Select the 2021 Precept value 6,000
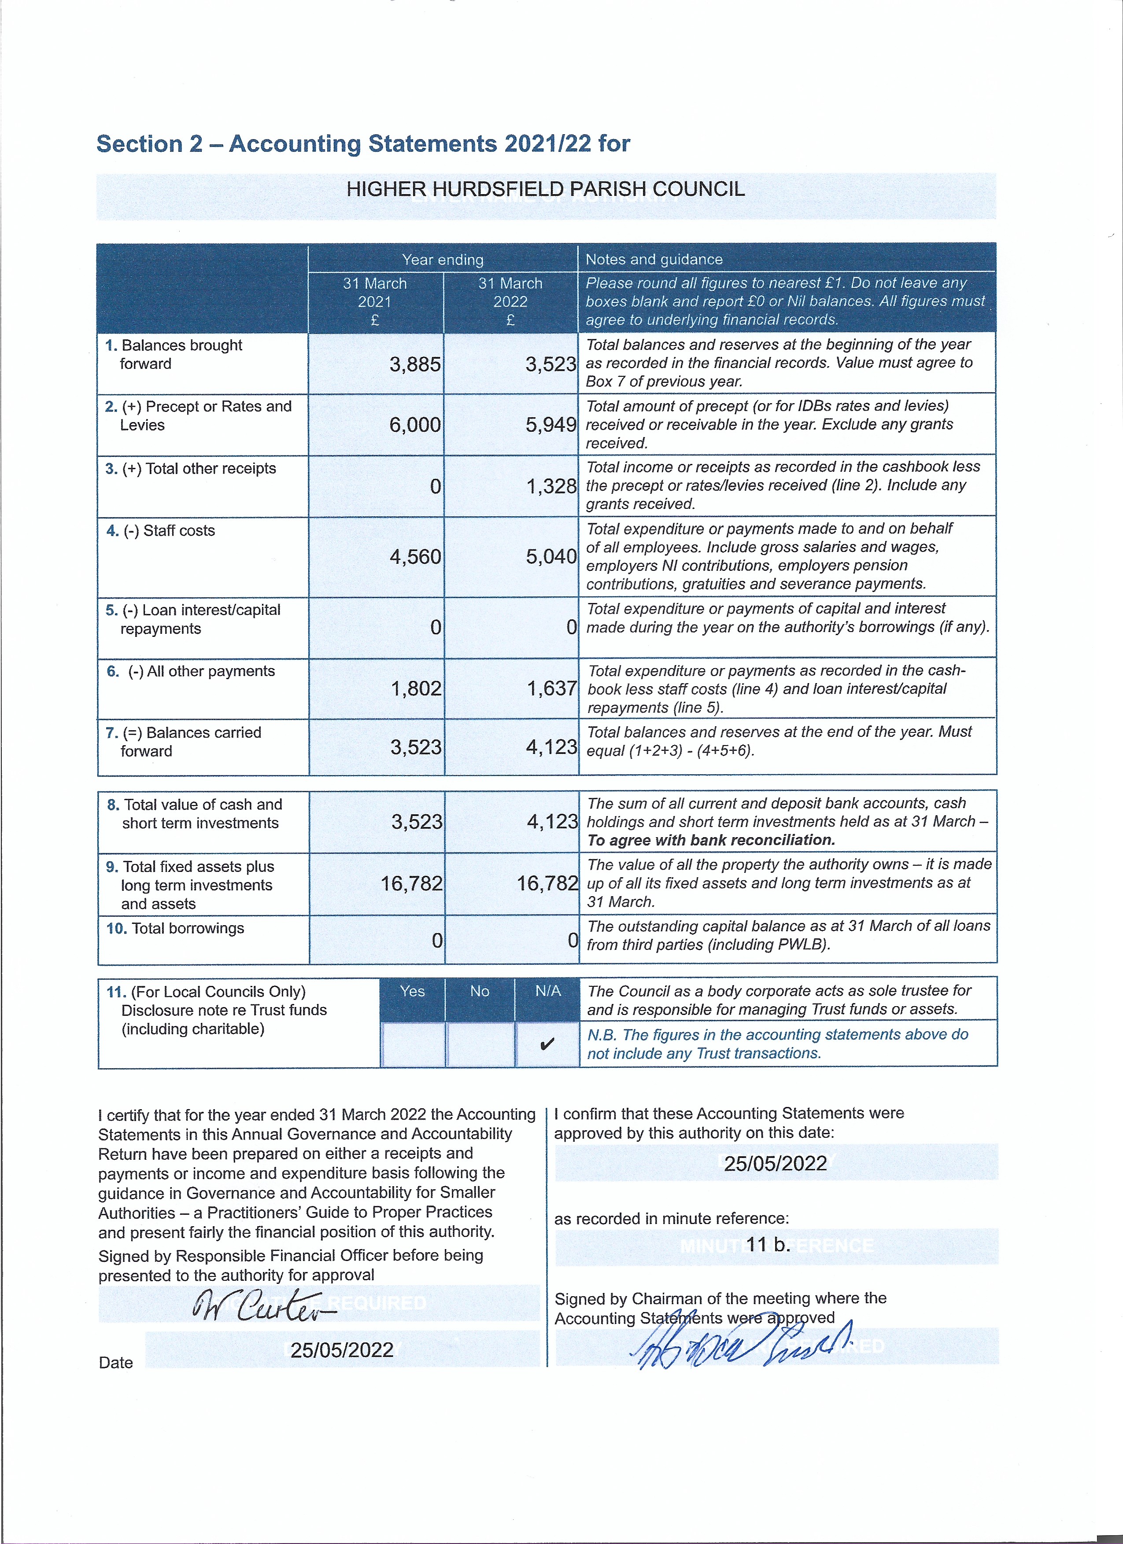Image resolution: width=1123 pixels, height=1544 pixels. (415, 425)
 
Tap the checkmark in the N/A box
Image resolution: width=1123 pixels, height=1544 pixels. (547, 1044)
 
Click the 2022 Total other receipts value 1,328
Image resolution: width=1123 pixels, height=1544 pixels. (551, 486)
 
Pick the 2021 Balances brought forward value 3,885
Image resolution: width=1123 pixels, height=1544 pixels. (415, 364)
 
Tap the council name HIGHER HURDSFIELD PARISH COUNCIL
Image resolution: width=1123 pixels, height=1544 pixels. (546, 189)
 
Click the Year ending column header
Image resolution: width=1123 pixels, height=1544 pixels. (443, 259)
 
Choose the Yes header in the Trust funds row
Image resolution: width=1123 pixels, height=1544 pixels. (412, 991)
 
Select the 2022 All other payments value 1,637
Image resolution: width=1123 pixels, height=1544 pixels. (552, 688)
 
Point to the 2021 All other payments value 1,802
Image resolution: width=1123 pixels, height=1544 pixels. (415, 688)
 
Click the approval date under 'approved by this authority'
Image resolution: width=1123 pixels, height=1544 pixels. (775, 1163)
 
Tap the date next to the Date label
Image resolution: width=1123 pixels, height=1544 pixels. (342, 1350)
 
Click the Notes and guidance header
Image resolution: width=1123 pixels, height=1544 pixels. (654, 259)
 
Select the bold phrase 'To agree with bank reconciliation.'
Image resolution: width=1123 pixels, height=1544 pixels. (711, 840)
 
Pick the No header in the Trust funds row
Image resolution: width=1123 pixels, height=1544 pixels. (480, 991)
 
